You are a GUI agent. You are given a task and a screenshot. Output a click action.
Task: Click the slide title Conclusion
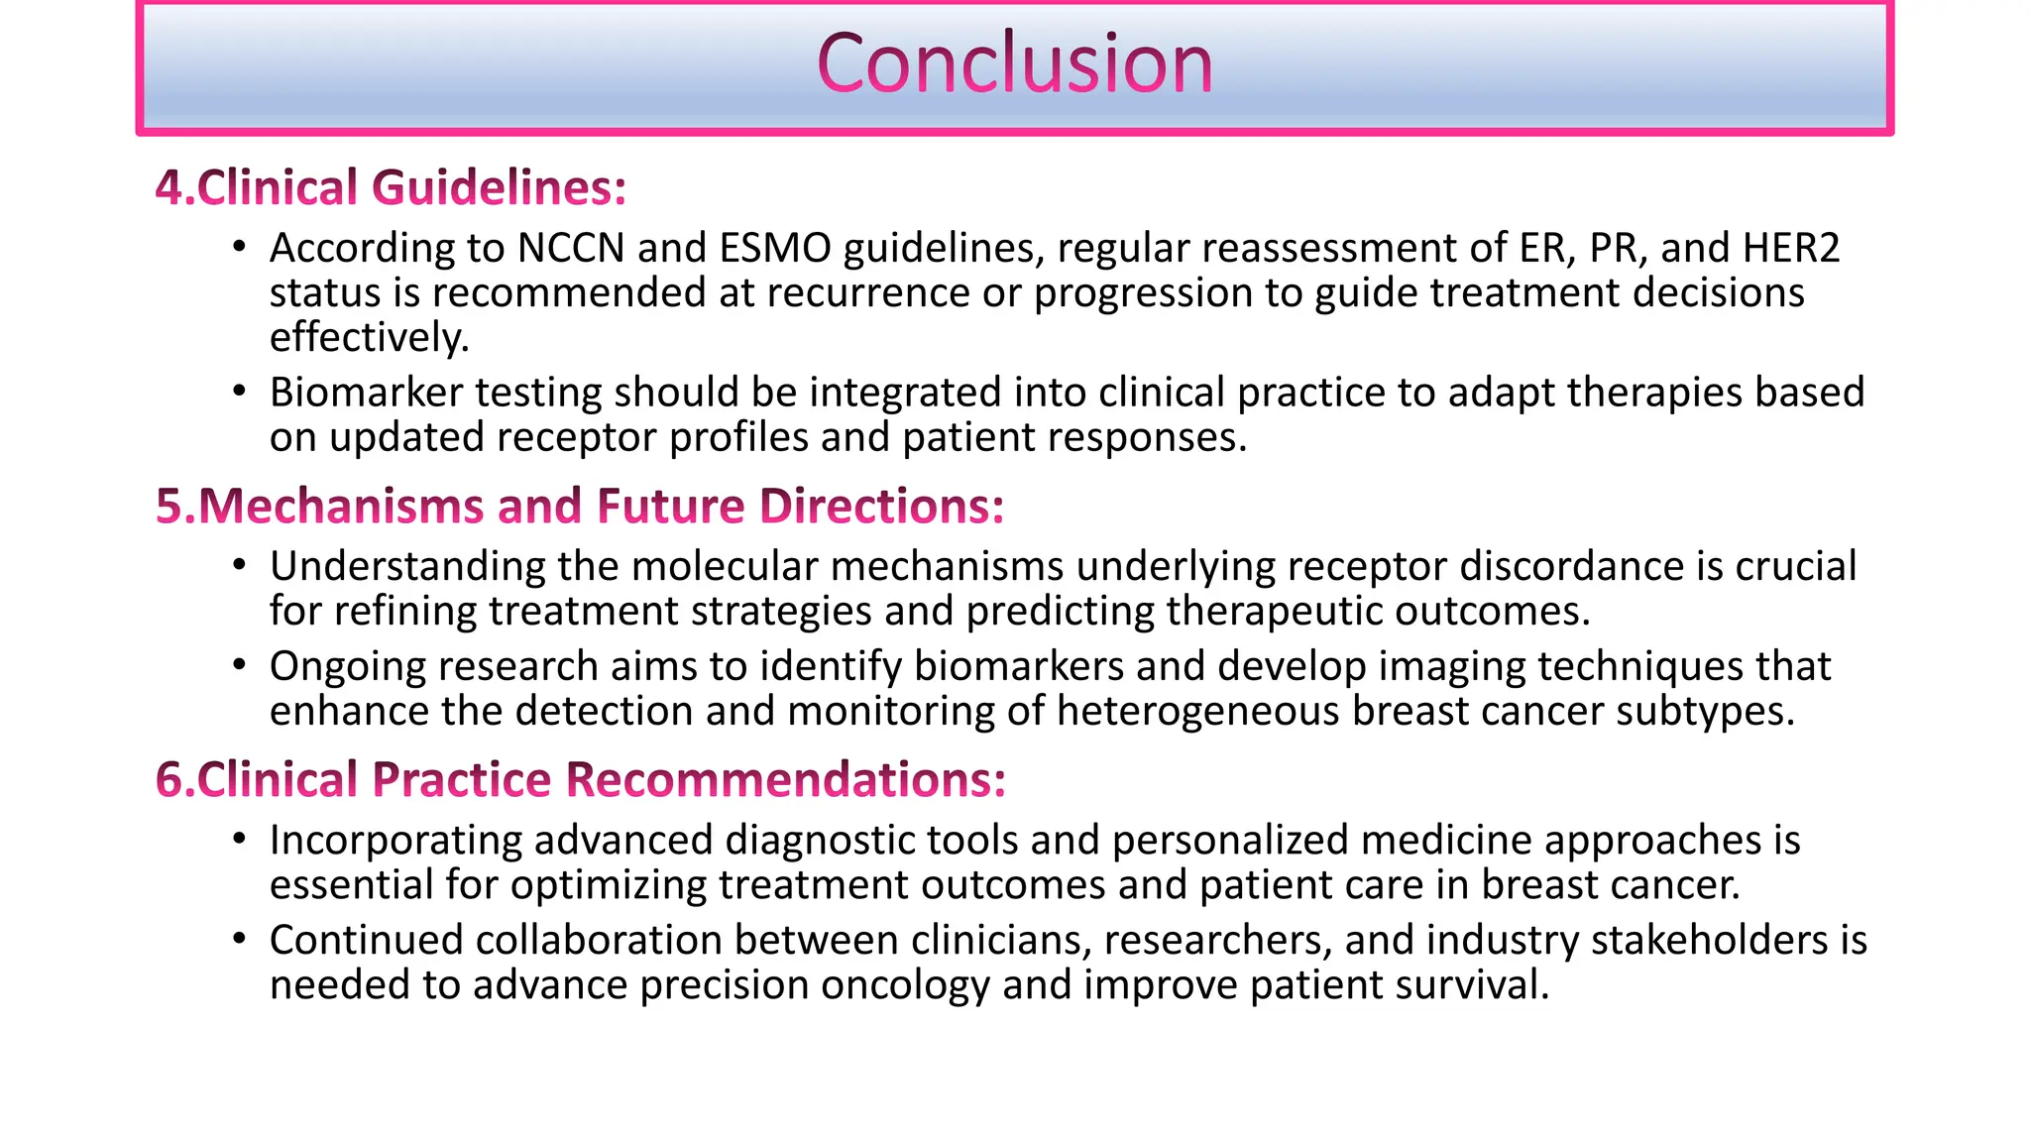click(x=1014, y=64)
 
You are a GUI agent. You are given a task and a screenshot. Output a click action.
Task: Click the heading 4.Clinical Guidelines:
click(x=392, y=188)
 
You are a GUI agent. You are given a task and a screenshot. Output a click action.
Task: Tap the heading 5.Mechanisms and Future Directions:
click(x=580, y=507)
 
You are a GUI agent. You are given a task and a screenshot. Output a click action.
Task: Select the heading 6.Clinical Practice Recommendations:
click(x=581, y=780)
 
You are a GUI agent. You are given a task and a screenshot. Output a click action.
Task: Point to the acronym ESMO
click(x=775, y=248)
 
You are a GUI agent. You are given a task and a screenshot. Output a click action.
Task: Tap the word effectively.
click(x=369, y=338)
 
